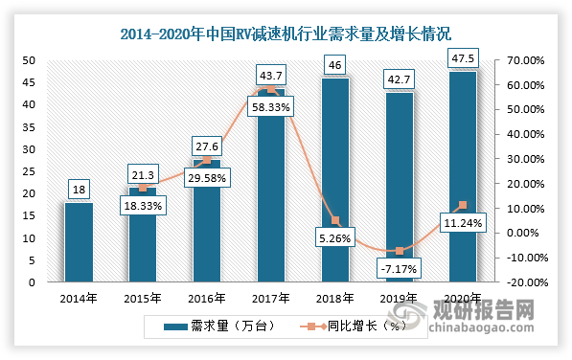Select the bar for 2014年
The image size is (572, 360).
point(79,242)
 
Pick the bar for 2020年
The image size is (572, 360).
point(462,177)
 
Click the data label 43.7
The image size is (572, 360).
point(270,74)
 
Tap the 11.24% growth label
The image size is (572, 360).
point(461,224)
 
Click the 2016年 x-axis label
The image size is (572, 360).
point(206,298)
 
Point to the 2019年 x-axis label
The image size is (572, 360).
point(398,298)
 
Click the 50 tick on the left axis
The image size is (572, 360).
point(29,60)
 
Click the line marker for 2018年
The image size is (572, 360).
point(334,220)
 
